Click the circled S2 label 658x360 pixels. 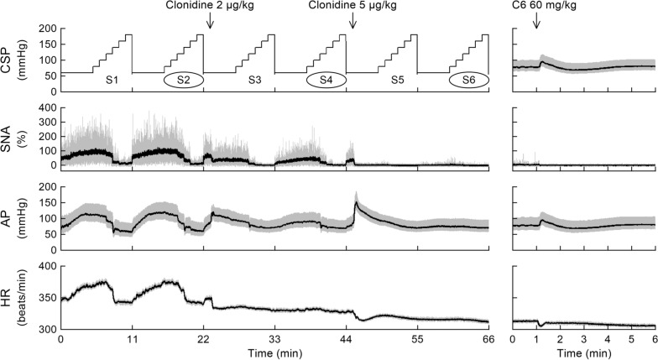click(183, 80)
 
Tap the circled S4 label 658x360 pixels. click(326, 80)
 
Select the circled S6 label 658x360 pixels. click(468, 80)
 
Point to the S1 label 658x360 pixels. click(112, 81)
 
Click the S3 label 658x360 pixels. click(254, 81)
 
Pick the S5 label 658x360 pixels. click(397, 81)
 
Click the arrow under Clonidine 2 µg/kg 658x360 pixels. click(210, 20)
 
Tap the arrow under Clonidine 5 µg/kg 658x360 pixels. click(352, 20)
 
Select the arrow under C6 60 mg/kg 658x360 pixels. click(536, 20)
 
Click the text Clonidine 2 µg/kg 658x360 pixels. click(210, 5)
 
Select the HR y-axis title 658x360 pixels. click(12, 298)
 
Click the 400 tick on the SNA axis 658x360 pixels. click(47, 107)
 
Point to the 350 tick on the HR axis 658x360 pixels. click(47, 298)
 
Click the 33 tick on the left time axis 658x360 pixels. click(275, 339)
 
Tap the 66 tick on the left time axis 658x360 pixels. click(488, 339)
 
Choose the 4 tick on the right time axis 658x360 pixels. click(608, 339)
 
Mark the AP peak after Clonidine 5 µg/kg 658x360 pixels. click(356, 202)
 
